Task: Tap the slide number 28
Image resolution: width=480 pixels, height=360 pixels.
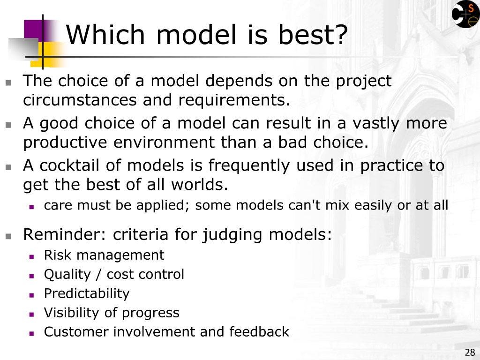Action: pyautogui.click(x=470, y=352)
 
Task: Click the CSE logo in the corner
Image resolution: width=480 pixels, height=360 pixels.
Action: pyautogui.click(x=465, y=14)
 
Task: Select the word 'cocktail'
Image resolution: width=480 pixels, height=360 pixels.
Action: pyautogui.click(x=69, y=165)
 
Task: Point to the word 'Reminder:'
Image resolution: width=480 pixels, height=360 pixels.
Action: pyautogui.click(x=65, y=234)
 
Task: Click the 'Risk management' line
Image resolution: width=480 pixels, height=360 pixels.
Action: pyautogui.click(x=104, y=255)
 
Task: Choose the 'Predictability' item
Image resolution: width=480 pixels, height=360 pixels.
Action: pyautogui.click(x=87, y=293)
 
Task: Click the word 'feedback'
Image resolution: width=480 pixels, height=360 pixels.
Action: pyautogui.click(x=259, y=331)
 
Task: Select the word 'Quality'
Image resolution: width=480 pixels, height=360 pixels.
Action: pyautogui.click(x=67, y=275)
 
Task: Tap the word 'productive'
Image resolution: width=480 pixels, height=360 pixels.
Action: pyautogui.click(x=65, y=142)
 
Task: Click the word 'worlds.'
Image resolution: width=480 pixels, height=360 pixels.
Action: pyautogui.click(x=200, y=185)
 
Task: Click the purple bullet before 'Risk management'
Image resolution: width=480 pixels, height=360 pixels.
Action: pyautogui.click(x=31, y=257)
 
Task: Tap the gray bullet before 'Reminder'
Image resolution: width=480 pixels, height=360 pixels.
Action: pyautogui.click(x=8, y=236)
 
